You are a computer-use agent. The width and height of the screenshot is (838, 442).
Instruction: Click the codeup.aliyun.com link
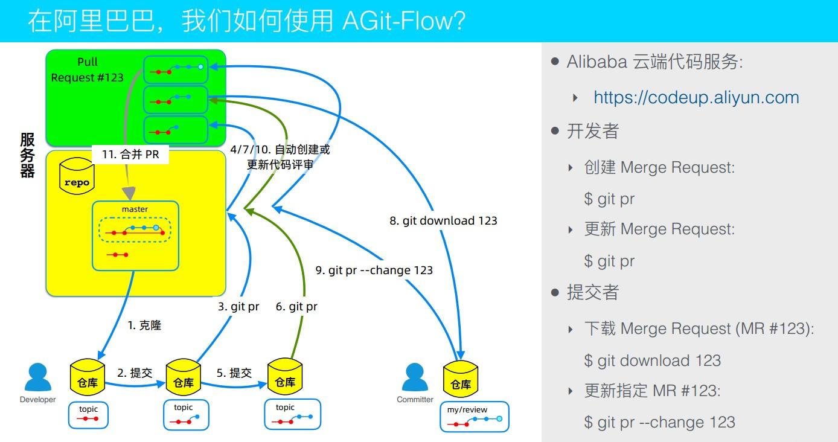coord(696,97)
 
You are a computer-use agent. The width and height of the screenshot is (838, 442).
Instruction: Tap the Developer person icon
coord(37,378)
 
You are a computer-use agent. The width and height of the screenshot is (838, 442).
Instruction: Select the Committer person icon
coord(415,378)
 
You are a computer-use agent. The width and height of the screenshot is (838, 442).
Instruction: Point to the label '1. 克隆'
coord(144,325)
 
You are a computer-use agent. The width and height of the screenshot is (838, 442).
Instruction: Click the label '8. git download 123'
coord(443,221)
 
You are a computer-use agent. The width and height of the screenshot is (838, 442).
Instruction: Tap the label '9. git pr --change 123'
coord(374,271)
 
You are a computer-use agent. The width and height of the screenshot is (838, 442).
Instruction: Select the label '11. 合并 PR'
coord(130,155)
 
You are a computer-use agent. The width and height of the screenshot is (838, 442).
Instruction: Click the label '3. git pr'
coord(238,307)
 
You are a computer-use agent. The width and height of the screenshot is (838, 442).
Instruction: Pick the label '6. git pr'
coord(296,307)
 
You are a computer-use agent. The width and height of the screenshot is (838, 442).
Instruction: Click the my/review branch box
coord(475,417)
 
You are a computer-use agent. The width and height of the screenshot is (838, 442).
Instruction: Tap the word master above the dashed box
coord(135,210)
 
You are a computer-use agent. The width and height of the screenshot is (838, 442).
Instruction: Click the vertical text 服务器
coord(28,156)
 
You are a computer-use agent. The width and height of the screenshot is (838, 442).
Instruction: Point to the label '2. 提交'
coord(135,373)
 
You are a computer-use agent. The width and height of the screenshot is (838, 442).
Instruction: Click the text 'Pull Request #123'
coord(87,70)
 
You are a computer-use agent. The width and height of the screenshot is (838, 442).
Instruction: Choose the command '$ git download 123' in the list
coord(652,360)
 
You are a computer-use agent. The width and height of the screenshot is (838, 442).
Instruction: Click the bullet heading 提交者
coord(593,293)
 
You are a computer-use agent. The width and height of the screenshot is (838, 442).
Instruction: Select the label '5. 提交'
coord(234,373)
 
